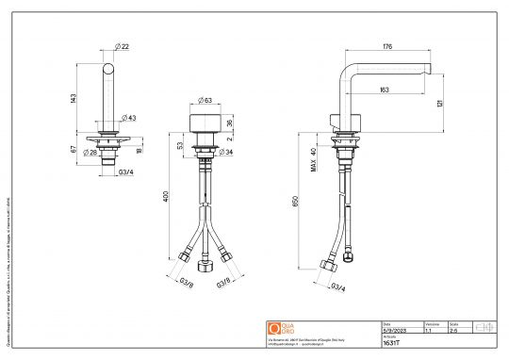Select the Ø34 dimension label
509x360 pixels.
click(225, 152)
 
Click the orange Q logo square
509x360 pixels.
click(274, 328)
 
